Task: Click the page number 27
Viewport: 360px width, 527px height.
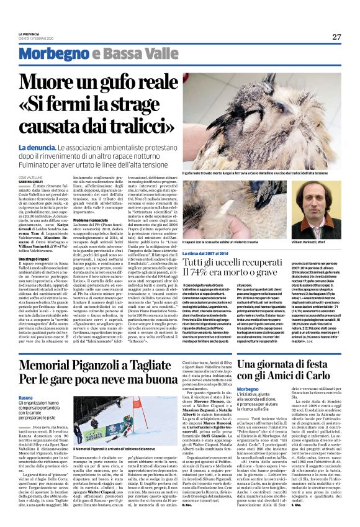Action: (x=337, y=37)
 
